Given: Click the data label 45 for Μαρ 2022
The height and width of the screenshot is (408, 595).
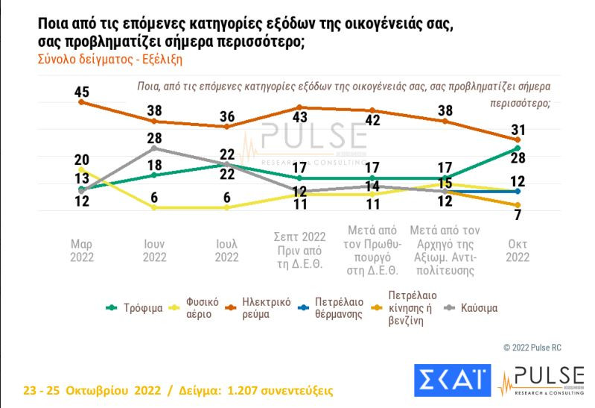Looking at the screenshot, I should (82, 92).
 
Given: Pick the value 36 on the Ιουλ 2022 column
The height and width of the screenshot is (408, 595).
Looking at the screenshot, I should (226, 116).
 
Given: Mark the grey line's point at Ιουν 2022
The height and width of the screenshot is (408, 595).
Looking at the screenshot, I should (154, 148).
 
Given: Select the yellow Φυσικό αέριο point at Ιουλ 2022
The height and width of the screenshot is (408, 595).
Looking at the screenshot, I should (226, 207).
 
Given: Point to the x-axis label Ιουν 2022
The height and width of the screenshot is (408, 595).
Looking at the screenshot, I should (154, 251).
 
